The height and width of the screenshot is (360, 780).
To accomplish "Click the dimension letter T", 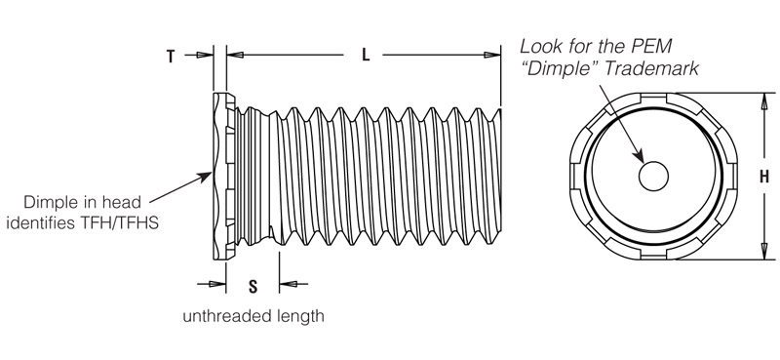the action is click(x=171, y=57).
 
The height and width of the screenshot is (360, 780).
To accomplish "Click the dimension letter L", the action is click(x=367, y=56).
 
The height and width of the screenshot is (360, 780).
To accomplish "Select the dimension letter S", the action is click(x=253, y=286).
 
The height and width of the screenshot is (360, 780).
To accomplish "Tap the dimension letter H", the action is click(x=764, y=177).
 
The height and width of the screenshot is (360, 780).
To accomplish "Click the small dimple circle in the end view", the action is click(x=653, y=176).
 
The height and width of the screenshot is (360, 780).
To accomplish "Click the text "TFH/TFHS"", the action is click(x=119, y=222).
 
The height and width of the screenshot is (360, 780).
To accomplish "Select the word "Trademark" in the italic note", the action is click(x=651, y=68).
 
